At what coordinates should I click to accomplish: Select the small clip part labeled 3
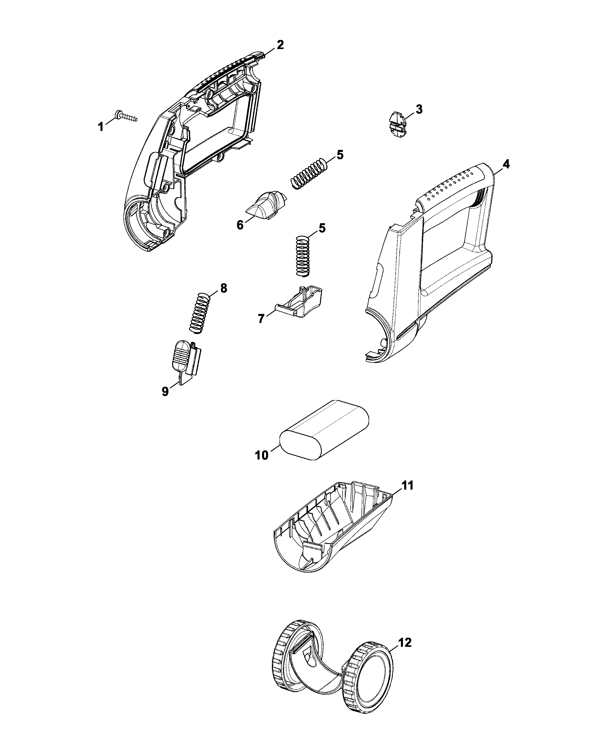point(398,123)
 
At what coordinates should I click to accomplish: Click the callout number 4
point(506,164)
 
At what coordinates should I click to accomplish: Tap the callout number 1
point(101,127)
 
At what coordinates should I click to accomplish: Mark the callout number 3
point(419,109)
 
